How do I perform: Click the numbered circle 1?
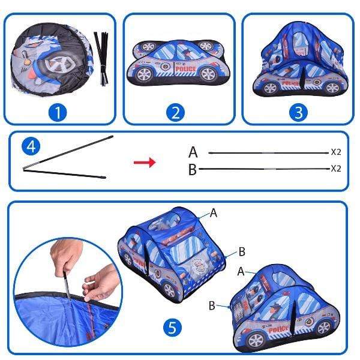click(58, 112)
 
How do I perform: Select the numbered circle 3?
click(298, 112)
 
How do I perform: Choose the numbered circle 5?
click(172, 328)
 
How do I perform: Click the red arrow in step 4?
click(144, 162)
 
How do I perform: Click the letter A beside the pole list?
click(193, 152)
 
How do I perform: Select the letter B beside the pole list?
click(193, 170)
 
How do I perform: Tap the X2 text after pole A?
click(336, 152)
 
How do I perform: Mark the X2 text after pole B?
click(336, 169)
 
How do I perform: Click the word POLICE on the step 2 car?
click(185, 70)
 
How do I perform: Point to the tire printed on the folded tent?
click(61, 61)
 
